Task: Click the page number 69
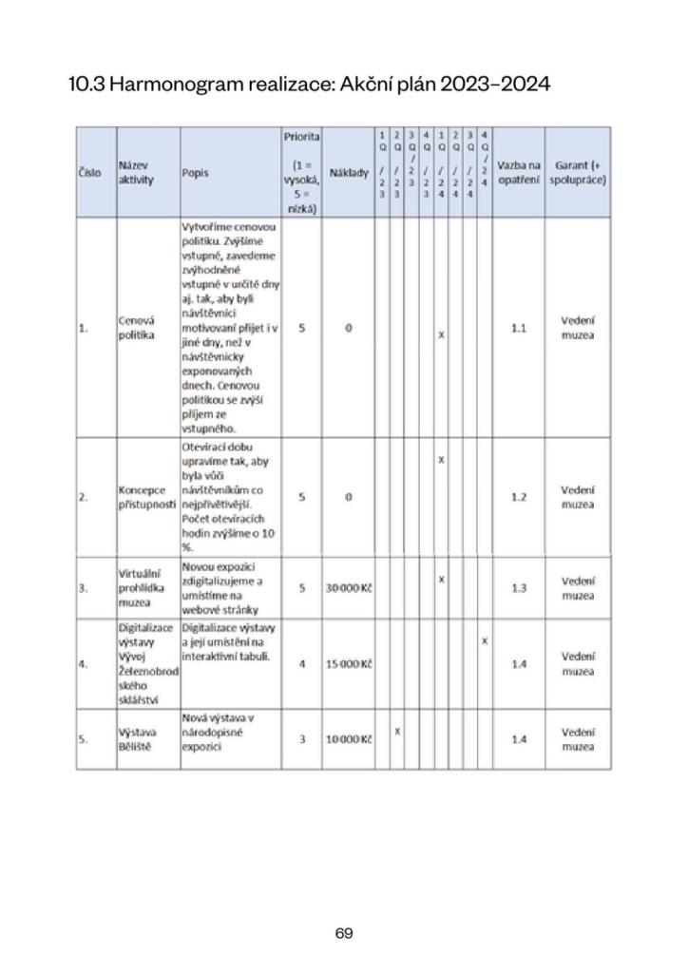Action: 344,933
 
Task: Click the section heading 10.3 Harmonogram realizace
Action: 309,85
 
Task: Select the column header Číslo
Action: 90,173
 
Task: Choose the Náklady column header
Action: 348,173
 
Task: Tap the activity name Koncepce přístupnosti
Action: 146,497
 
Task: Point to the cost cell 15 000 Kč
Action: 348,664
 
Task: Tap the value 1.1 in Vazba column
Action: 519,328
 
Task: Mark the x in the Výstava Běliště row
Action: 397,731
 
